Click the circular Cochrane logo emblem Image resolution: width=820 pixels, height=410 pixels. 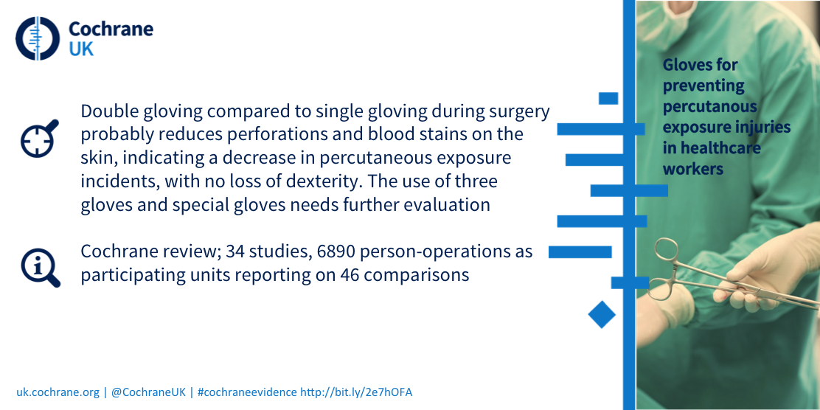pyautogui.click(x=38, y=38)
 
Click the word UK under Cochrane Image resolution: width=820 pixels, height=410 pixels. pyautogui.click(x=81, y=49)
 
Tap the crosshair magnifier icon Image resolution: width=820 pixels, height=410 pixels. pyautogui.click(x=40, y=138)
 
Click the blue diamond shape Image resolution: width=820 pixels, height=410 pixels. pyautogui.click(x=602, y=314)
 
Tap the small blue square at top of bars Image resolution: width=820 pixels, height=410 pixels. pyautogui.click(x=608, y=98)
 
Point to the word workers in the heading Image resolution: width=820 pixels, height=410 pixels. pyautogui.click(x=693, y=170)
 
